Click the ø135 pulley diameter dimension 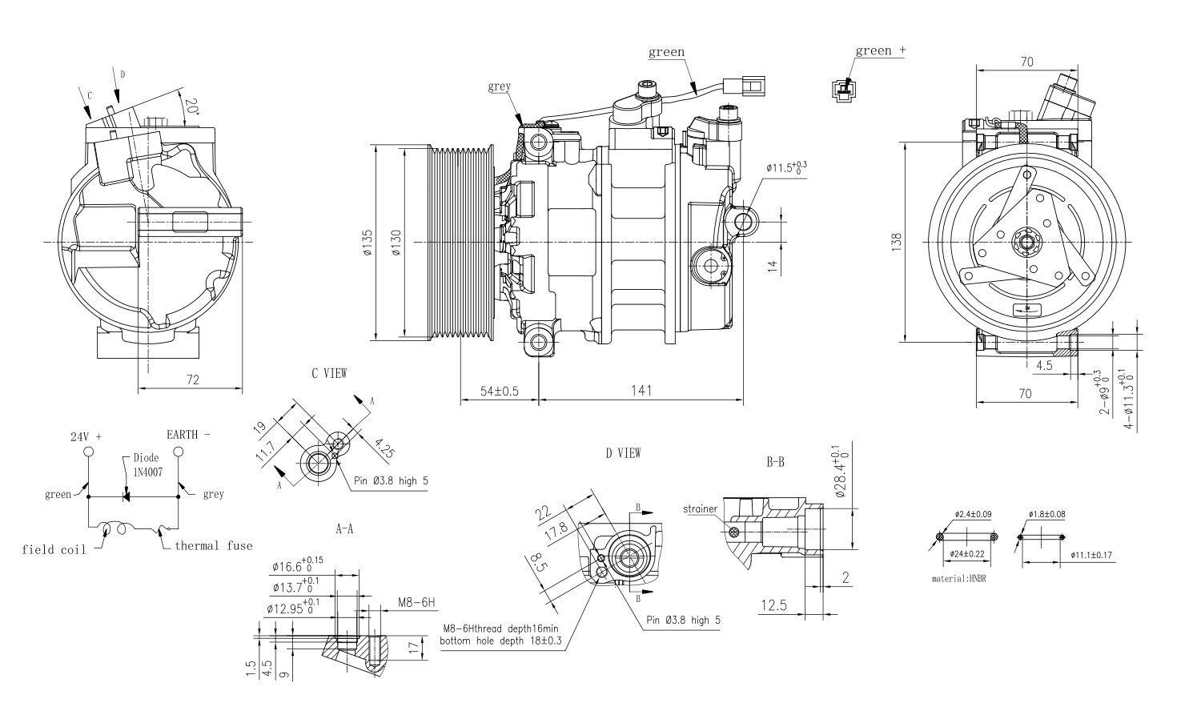coord(368,242)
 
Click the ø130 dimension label coord(396,242)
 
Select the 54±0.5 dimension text coord(499,391)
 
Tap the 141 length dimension coord(641,391)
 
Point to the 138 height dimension coord(896,242)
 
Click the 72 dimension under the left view coord(192,379)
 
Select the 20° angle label coord(191,106)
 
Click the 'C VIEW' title coord(329,373)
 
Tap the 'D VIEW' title coord(623,453)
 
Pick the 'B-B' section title coord(774,463)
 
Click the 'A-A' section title coord(344,528)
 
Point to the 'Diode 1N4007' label coord(147,465)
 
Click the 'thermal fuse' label coord(213,546)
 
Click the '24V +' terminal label coord(86,437)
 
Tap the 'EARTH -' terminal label coord(188,435)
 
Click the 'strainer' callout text coord(701,508)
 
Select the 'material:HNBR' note coord(959,577)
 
